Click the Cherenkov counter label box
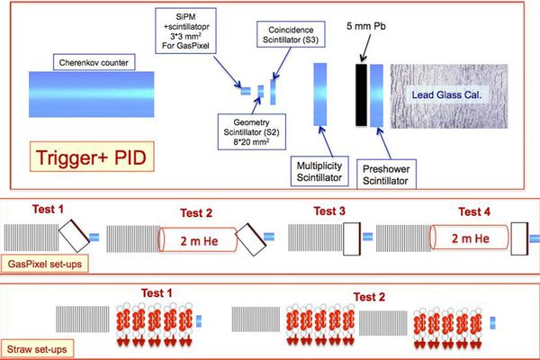pos(94,62)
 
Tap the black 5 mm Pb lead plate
pos(361,94)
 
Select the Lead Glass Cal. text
pos(446,94)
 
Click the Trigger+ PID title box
pos(92,157)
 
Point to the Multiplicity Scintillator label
pos(319,172)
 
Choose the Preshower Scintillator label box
pos(386,175)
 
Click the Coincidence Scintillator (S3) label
pos(291,34)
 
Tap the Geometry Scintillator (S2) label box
pos(251,132)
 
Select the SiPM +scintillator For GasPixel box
pos(185,31)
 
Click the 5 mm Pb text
pos(365,26)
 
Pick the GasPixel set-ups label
pos(44,264)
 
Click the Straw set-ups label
pos(37,349)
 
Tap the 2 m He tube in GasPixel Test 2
pos(198,240)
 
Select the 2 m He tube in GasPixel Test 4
pos(470,238)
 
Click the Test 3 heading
pos(329,211)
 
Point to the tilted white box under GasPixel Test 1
pos(75,236)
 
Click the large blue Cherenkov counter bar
pos(91,94)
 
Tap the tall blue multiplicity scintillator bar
pos(319,94)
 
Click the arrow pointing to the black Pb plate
pos(366,48)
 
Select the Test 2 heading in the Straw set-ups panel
pos(369,297)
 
